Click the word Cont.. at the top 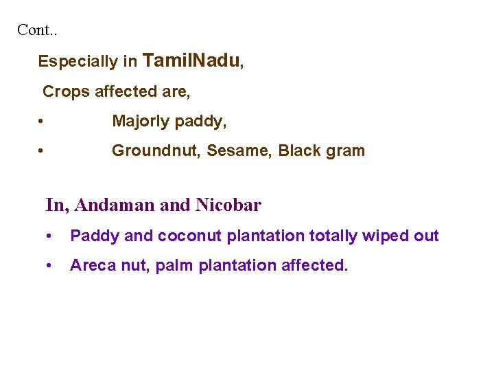coord(37,30)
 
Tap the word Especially coord(78,62)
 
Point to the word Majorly coord(141,122)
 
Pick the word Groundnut coord(150,150)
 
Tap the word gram coord(346,152)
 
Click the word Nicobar coord(228,205)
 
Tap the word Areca coord(91,265)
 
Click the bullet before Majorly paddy coord(42,122)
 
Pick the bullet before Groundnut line coord(42,151)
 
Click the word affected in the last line coord(314,265)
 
